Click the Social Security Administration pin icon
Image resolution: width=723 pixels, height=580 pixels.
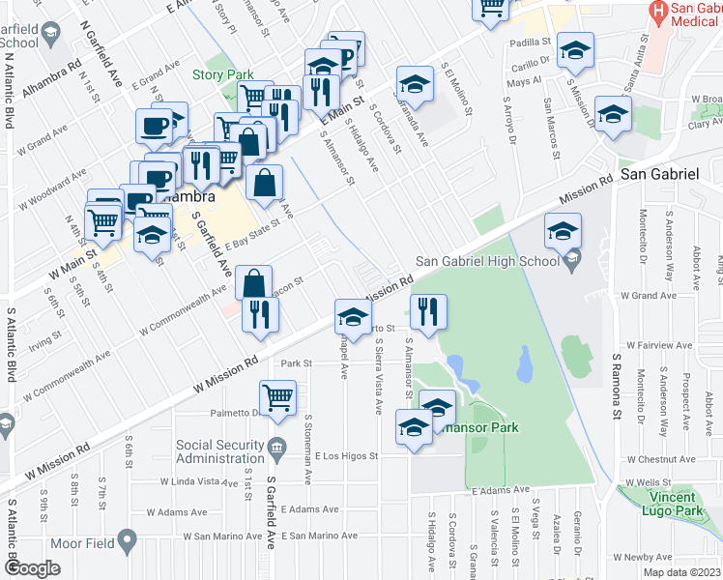tap(277, 447)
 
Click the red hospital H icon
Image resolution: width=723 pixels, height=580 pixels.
tap(658, 12)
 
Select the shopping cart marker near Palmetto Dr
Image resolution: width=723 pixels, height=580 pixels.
tap(277, 397)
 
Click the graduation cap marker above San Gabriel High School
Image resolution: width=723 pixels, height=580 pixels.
tap(563, 231)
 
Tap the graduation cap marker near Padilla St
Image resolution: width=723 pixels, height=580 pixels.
tap(575, 49)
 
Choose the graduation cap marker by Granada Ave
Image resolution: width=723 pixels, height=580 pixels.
tap(414, 84)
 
